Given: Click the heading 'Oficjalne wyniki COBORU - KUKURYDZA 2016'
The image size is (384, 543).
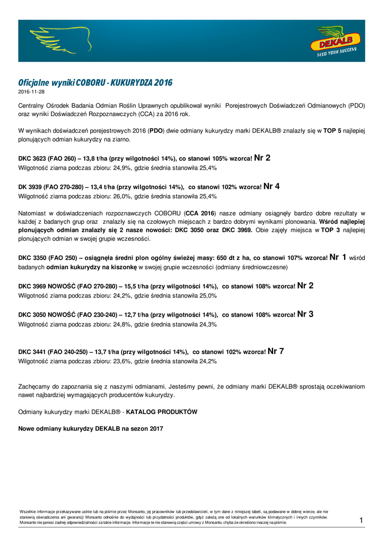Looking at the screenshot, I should [95, 83].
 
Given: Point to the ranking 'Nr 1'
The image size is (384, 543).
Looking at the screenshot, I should [338, 257].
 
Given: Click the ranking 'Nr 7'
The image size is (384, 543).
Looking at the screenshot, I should [276, 351].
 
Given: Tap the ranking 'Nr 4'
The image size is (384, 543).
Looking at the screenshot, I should [272, 186].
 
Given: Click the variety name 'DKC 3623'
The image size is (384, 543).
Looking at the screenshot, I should [32, 159].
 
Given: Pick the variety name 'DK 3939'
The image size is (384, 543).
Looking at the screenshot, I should [30, 187].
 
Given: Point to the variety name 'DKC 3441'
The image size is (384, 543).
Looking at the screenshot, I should [32, 352].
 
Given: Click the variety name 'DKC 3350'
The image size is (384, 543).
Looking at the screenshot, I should [32, 258].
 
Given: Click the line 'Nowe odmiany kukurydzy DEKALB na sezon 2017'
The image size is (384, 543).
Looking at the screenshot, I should [91, 428].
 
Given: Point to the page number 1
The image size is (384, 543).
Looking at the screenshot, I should [361, 520].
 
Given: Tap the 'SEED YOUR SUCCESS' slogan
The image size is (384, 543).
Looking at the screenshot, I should [336, 52].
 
